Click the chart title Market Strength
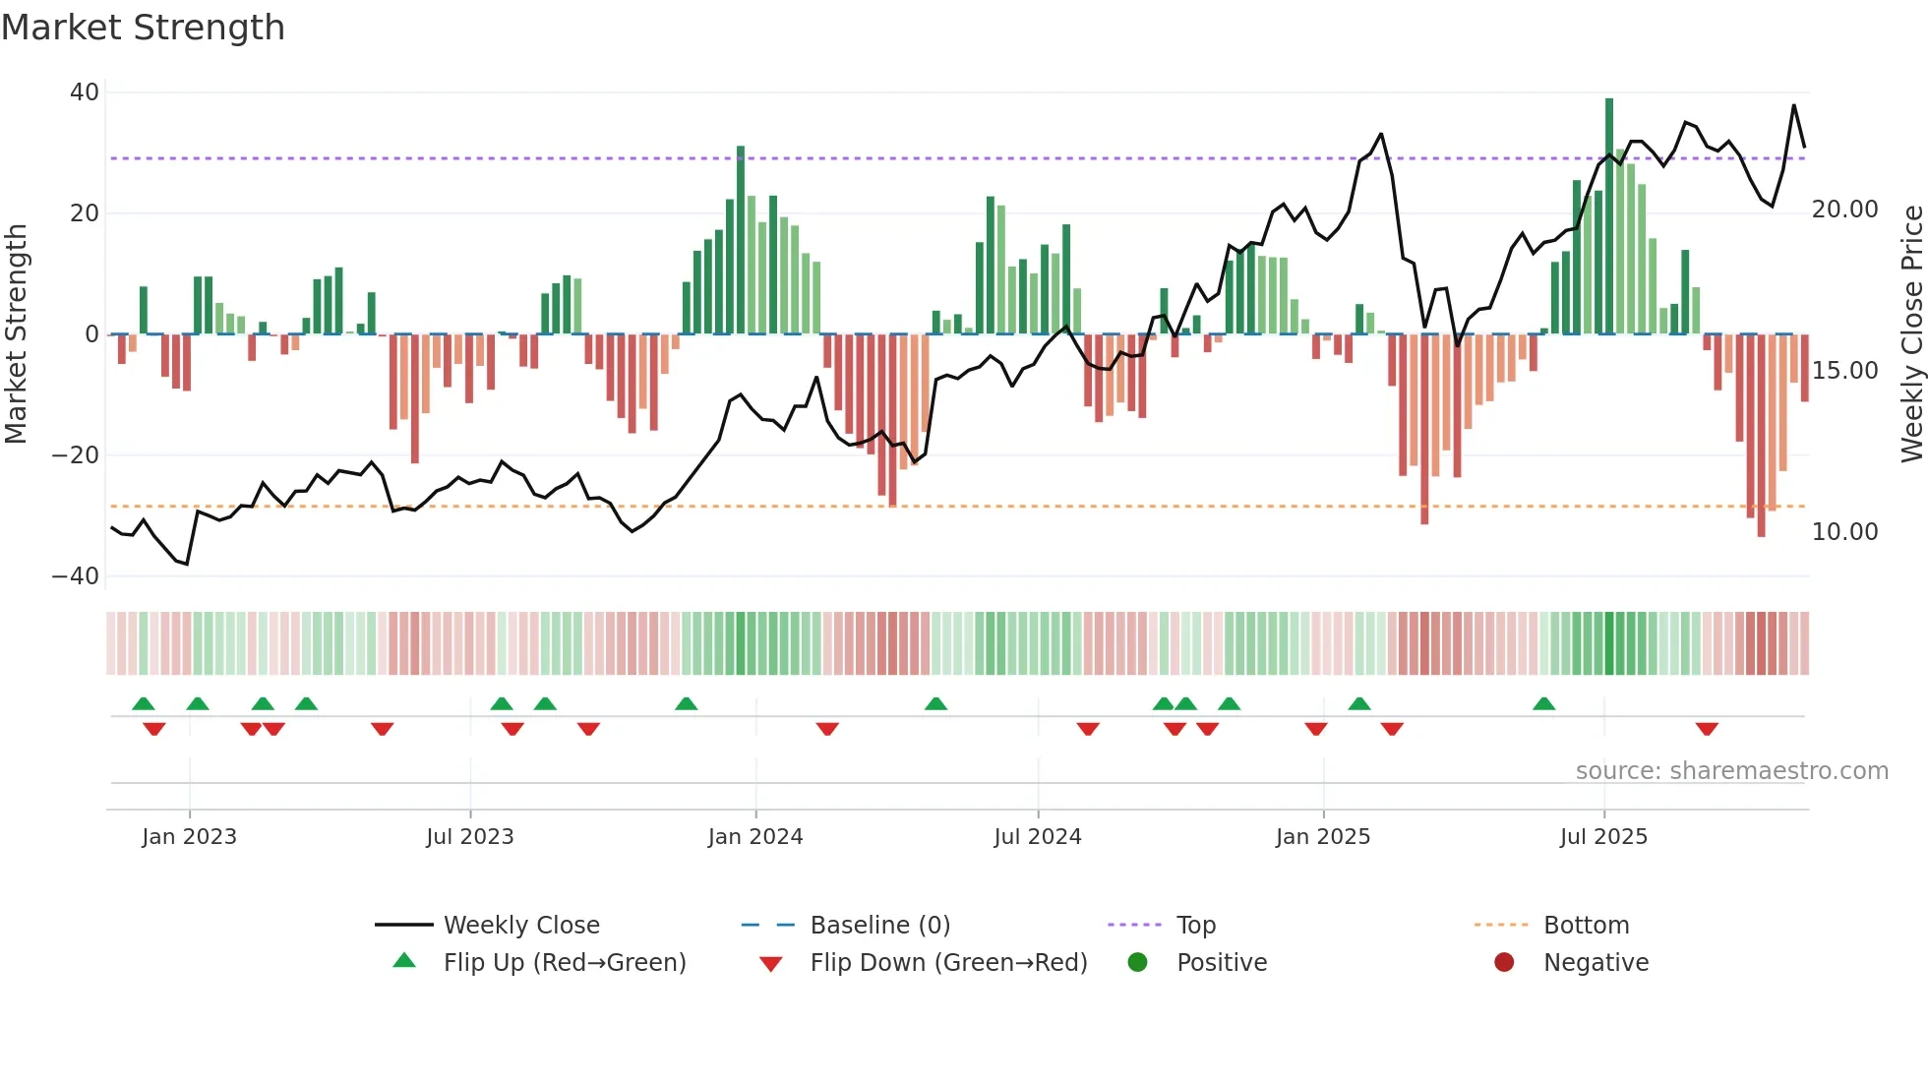pyautogui.click(x=143, y=28)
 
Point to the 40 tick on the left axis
pyautogui.click(x=85, y=92)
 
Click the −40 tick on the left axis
pyautogui.click(x=76, y=576)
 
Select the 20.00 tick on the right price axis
pyautogui.click(x=1844, y=210)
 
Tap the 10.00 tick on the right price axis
pyautogui.click(x=1844, y=532)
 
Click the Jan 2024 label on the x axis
pyautogui.click(x=754, y=837)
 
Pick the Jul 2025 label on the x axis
pyautogui.click(x=1602, y=837)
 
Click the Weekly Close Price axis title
pyautogui.click(x=1911, y=333)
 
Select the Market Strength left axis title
pyautogui.click(x=17, y=333)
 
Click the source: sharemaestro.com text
pyautogui.click(x=1731, y=771)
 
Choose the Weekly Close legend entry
pyautogui.click(x=520, y=926)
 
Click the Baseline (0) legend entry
pyautogui.click(x=879, y=926)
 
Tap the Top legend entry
pyautogui.click(x=1195, y=926)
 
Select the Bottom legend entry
pyautogui.click(x=1586, y=926)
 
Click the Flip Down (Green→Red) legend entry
pyautogui.click(x=947, y=963)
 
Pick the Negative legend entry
pyautogui.click(x=1595, y=963)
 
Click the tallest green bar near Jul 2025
pyautogui.click(x=1609, y=216)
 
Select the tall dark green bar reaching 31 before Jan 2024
pyautogui.click(x=741, y=241)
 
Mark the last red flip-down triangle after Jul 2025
pyautogui.click(x=1707, y=729)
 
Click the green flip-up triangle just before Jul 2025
pyautogui.click(x=1543, y=704)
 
